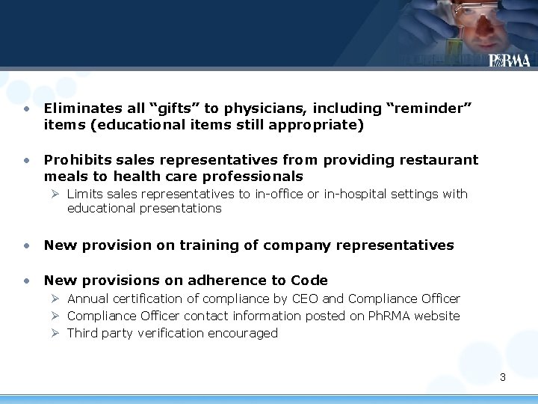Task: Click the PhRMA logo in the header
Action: (510, 61)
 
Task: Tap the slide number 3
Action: (503, 377)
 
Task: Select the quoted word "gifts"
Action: (173, 108)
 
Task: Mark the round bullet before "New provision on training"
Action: (26, 245)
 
